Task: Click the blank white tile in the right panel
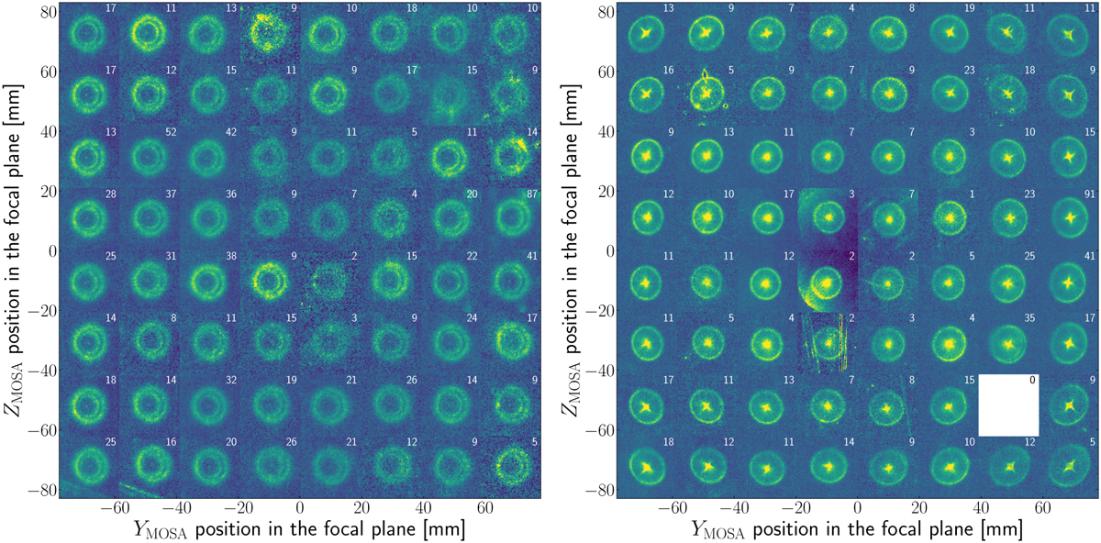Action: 1008,404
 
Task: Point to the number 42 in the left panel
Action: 230,133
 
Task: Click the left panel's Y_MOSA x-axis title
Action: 299,529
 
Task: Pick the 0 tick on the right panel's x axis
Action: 857,506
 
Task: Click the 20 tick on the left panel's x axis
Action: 361,506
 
